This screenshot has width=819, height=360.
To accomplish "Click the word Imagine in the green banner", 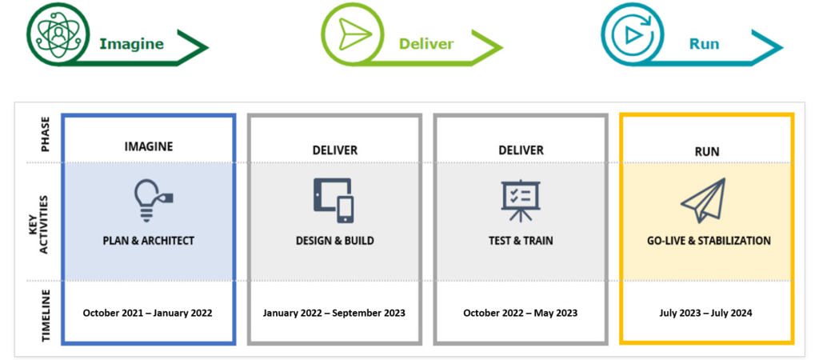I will pyautogui.click(x=131, y=43).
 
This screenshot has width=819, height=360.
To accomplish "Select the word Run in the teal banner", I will pyautogui.click(x=704, y=43).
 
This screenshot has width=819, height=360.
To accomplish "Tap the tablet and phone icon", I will pyautogui.click(x=334, y=199).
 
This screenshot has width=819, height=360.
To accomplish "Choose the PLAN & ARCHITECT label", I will pyautogui.click(x=148, y=240).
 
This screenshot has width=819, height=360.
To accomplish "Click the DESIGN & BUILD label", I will pyautogui.click(x=334, y=240).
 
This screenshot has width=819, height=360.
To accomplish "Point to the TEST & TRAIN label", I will pyautogui.click(x=520, y=240).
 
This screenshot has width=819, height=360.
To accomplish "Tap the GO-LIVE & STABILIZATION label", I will pyautogui.click(x=709, y=240).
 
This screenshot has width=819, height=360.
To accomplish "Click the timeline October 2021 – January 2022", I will pyautogui.click(x=148, y=312).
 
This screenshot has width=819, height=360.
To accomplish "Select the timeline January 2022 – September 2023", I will pyautogui.click(x=334, y=312).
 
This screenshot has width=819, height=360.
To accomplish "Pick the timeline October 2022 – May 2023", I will pyautogui.click(x=520, y=312).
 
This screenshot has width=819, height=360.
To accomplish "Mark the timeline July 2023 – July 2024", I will pyautogui.click(x=707, y=312).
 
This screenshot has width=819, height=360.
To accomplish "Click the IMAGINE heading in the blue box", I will pyautogui.click(x=148, y=146).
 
